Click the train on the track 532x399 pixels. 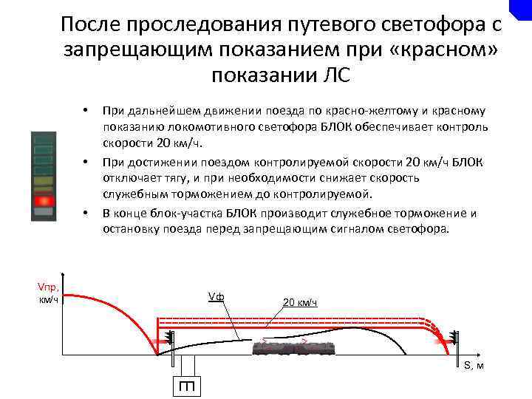(295, 349)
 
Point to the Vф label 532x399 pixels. (216, 298)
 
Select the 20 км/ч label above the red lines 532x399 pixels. (300, 302)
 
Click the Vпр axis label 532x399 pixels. (49, 293)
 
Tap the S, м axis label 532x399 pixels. (474, 366)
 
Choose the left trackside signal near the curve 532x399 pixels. (170, 340)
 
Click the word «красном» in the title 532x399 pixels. (439, 50)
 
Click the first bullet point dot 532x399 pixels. (86, 111)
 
